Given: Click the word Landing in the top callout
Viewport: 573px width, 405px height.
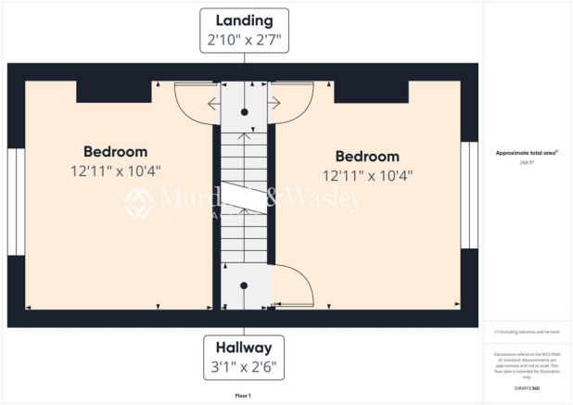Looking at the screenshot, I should coord(244,20).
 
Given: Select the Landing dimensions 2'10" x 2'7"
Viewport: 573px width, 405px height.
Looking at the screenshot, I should coord(244,41).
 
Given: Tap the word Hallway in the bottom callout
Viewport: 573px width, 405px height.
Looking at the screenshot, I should coord(244,348).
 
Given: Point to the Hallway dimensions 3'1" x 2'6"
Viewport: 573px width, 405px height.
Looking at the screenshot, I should coord(244,367).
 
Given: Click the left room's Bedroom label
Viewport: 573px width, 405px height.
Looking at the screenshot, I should coord(115,151).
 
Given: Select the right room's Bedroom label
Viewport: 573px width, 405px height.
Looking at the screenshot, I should coord(367,156).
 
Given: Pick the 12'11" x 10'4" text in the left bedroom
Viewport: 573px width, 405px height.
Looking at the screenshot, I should coord(115,171).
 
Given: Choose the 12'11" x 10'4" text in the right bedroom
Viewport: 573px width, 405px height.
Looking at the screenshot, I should coord(367,175).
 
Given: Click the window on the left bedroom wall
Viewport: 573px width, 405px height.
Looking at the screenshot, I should coord(16,201).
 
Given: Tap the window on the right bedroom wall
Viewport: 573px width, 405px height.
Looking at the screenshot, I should coord(470,196).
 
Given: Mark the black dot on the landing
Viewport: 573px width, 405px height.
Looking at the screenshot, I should coord(245,111).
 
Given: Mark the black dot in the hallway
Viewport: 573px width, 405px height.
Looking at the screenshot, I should coord(244,285).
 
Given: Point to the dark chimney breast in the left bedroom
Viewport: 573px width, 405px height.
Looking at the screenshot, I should coord(114,91).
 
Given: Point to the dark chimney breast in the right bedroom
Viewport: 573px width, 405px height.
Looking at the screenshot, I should coord(371,91).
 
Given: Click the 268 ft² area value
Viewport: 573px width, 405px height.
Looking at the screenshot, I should coord(528,161).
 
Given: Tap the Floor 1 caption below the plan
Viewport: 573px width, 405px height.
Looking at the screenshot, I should coord(244,395).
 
